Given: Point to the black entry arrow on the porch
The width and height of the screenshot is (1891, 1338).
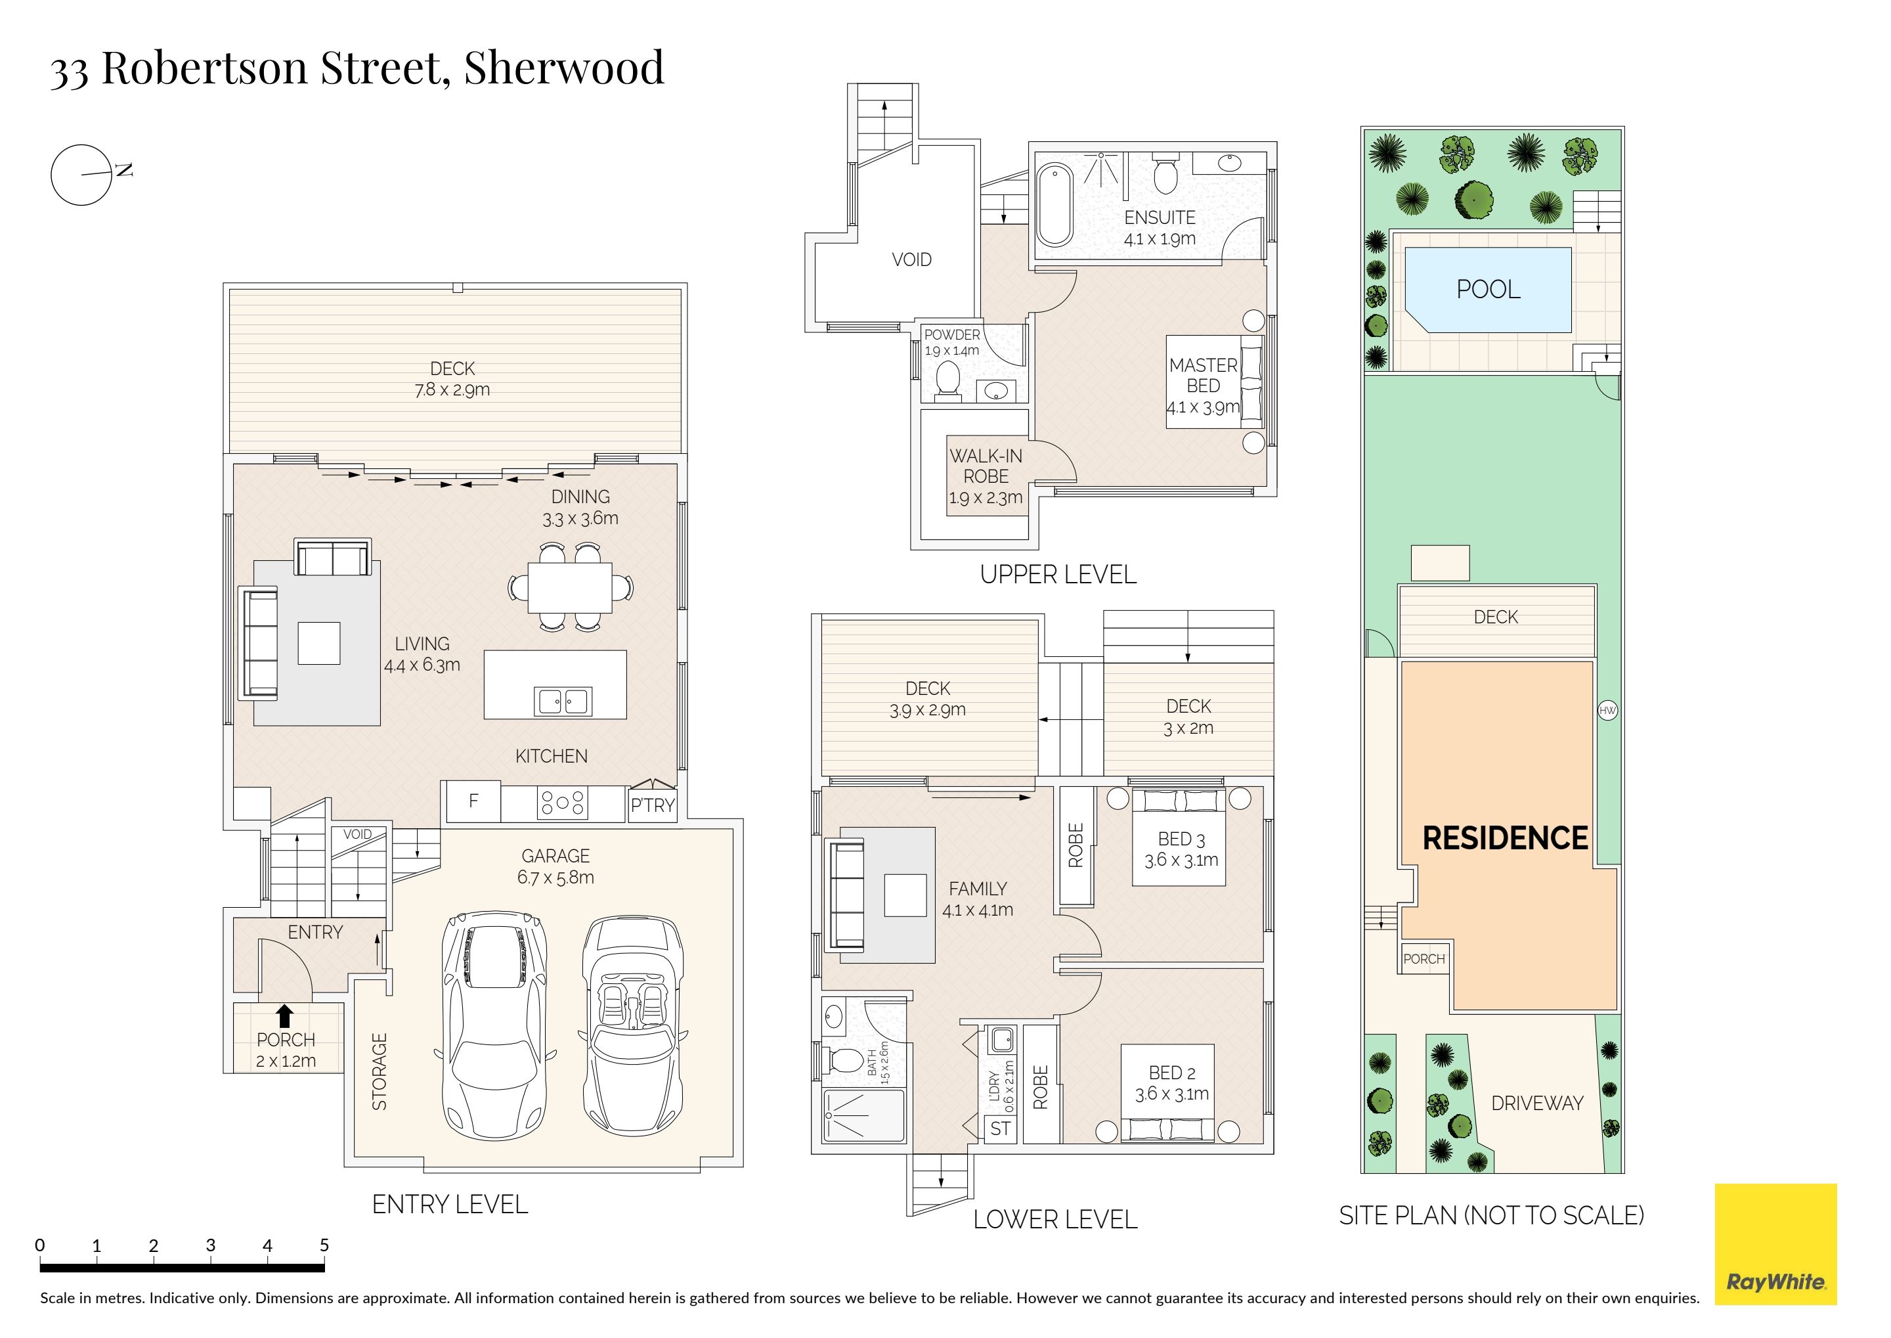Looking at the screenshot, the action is click(x=285, y=1015).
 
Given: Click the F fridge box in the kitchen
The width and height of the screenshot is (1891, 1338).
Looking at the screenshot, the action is click(x=473, y=801).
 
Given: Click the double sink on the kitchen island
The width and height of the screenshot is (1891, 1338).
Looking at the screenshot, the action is click(x=563, y=701).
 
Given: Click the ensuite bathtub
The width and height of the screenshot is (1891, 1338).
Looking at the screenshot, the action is click(x=1054, y=205).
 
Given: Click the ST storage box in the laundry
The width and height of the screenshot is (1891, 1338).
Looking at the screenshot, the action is click(x=1001, y=1128).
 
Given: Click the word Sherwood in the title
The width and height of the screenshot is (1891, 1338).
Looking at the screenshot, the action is click(x=564, y=68).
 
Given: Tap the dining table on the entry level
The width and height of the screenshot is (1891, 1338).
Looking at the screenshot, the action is click(x=570, y=587).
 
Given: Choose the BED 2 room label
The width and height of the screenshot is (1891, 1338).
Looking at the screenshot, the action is click(x=1172, y=1073).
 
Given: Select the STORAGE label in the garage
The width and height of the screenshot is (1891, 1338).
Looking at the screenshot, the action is click(x=380, y=1071).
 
